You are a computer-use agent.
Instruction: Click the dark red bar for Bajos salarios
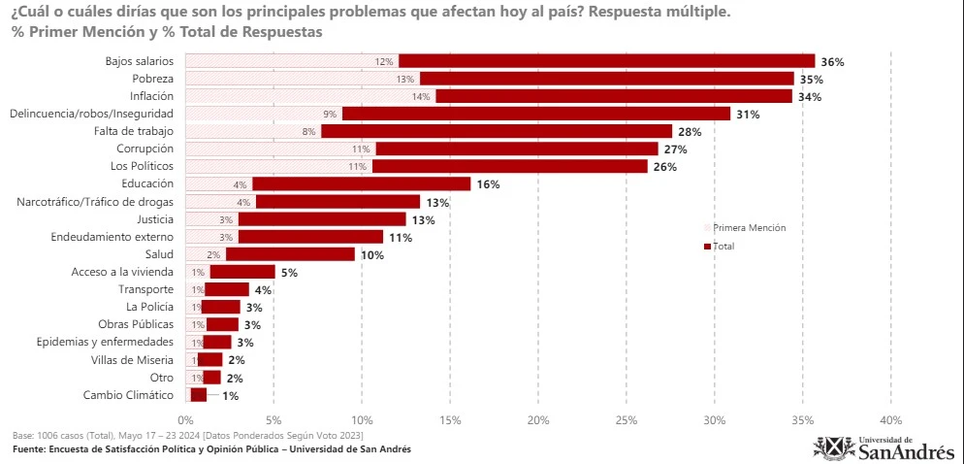[x=606, y=61]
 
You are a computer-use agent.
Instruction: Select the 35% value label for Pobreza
[x=811, y=79]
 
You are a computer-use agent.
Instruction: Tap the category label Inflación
[x=151, y=96]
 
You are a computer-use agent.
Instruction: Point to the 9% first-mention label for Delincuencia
[x=330, y=114]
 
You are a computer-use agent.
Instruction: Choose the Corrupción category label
[x=145, y=149]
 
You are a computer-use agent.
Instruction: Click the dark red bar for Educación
[x=361, y=183]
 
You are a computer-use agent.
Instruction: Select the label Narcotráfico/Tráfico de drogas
[x=95, y=201]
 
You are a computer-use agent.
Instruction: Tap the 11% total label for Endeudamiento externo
[x=399, y=237]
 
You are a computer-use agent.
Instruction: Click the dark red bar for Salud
[x=290, y=254]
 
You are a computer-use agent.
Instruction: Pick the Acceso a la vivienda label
[x=122, y=272]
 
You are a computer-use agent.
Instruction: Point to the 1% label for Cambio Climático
[x=230, y=396]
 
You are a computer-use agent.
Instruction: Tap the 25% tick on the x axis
[x=626, y=419]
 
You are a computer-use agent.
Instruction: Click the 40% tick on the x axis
[x=890, y=419]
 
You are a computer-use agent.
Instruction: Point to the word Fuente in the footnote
[x=32, y=449]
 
